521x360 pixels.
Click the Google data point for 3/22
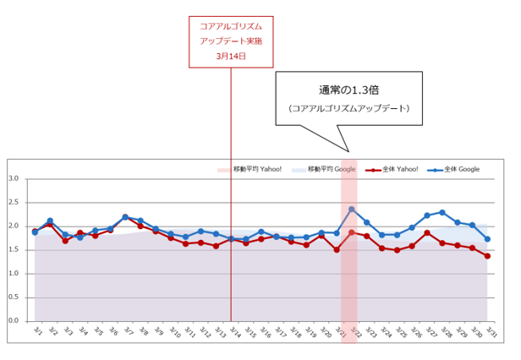coord(352,209)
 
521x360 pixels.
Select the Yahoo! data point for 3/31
coord(487,256)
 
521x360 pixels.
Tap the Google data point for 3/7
coord(125,217)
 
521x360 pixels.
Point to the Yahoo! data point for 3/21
coord(337,249)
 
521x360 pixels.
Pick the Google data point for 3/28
coord(442,212)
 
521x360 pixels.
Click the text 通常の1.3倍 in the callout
coord(348,90)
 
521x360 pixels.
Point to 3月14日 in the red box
coord(230,56)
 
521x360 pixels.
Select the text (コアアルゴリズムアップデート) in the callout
coord(348,108)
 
